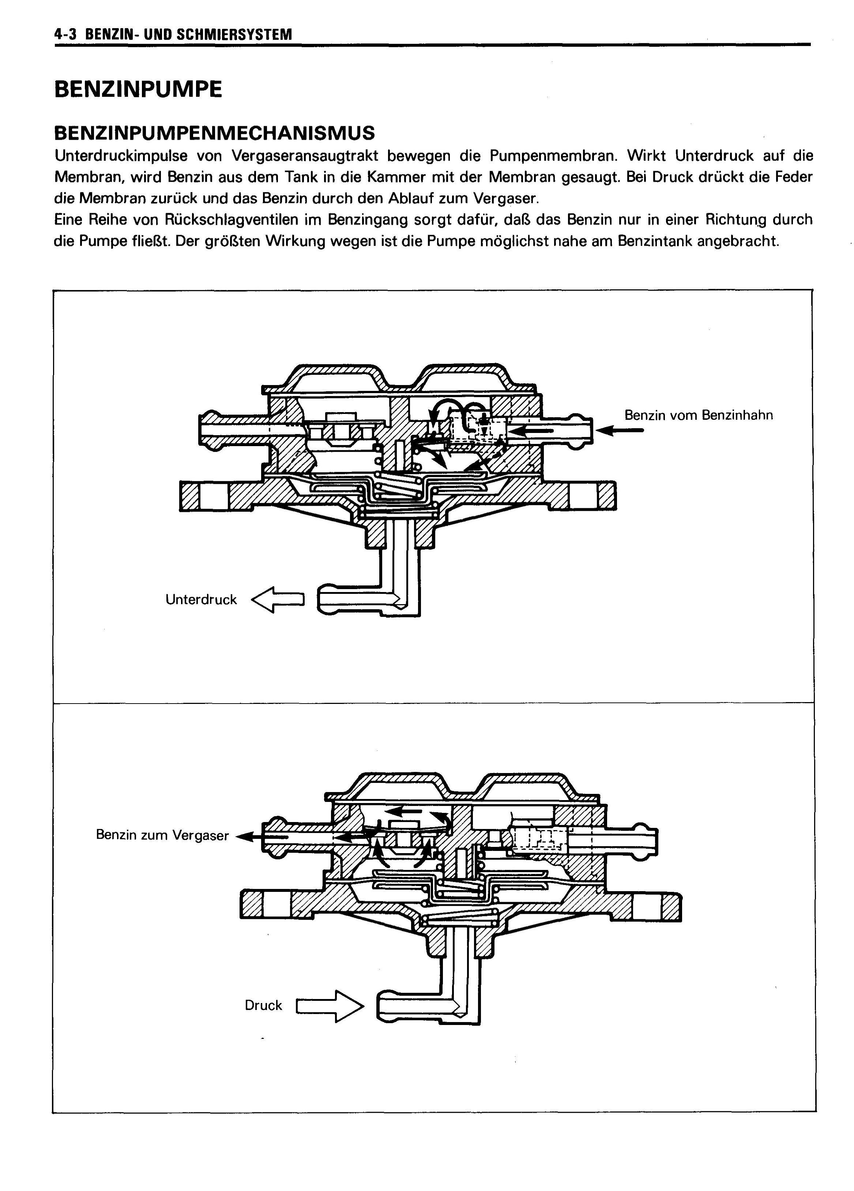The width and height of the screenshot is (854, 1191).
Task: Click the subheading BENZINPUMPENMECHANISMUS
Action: tap(214, 133)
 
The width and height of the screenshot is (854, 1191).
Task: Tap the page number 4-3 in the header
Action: tap(66, 35)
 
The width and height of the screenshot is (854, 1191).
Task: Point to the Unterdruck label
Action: tap(201, 600)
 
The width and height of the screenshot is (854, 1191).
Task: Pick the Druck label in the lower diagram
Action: tap(263, 1005)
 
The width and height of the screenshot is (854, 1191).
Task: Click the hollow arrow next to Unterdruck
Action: tap(278, 599)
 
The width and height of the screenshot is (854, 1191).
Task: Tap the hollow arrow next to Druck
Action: tap(330, 1006)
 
